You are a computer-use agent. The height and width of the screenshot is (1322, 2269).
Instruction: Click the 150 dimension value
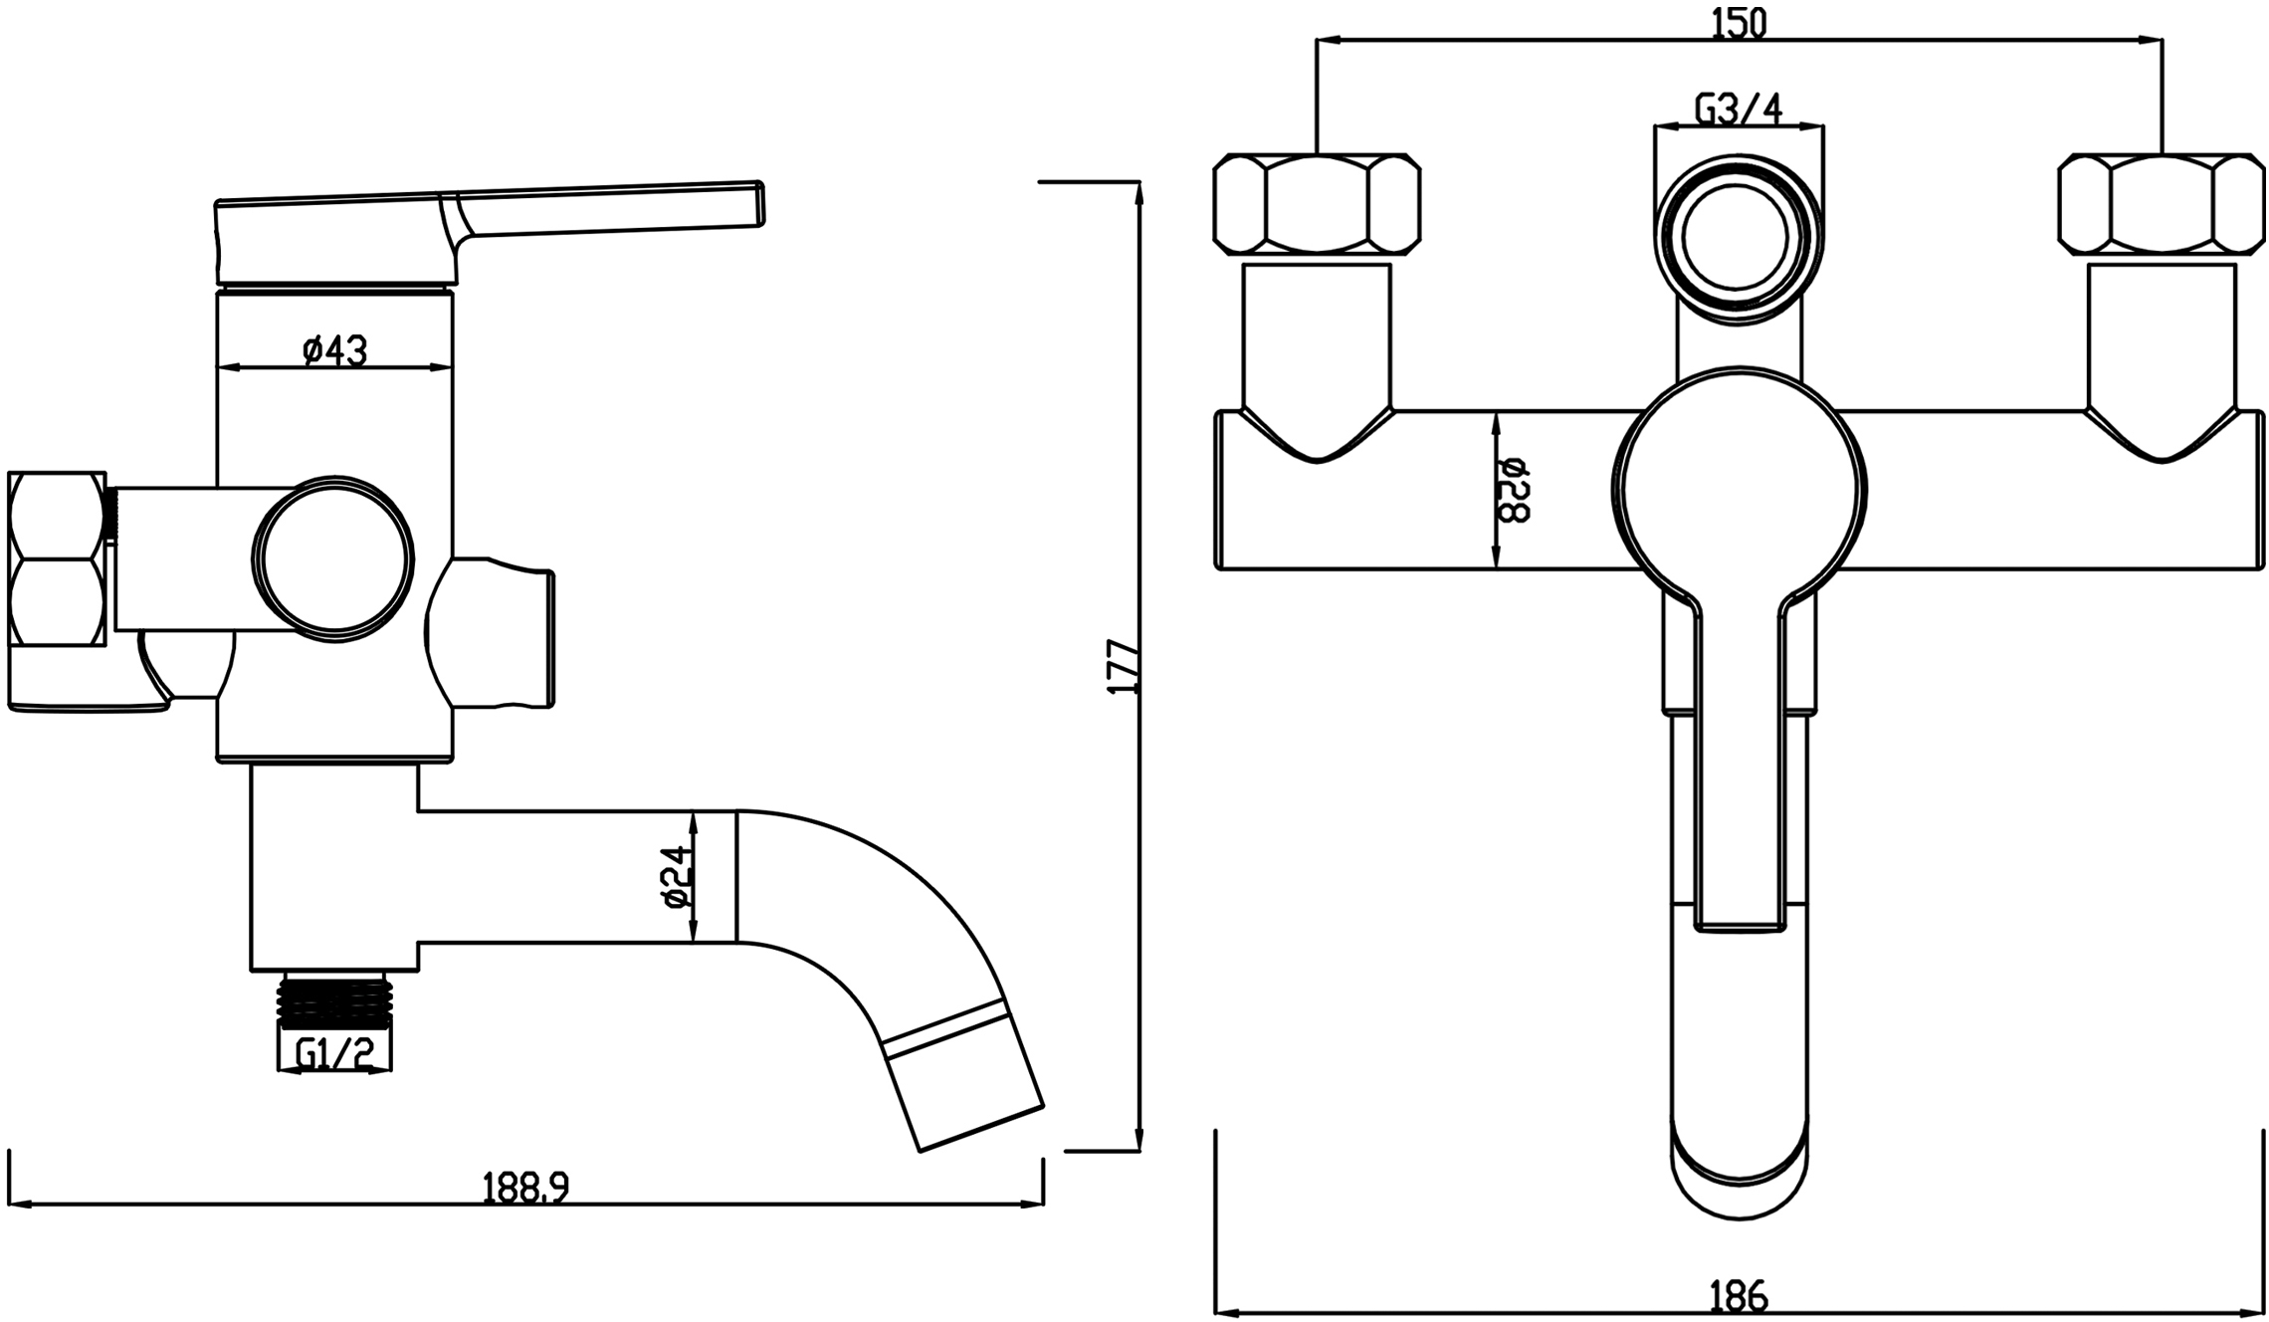[x=1739, y=21]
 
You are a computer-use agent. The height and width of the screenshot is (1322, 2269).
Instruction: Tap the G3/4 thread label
[x=1739, y=109]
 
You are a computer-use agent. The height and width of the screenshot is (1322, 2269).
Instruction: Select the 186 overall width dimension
[x=1739, y=1295]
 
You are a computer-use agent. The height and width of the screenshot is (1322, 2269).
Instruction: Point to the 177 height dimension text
[x=1122, y=666]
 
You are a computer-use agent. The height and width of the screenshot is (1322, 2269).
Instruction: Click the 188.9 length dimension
[x=525, y=1188]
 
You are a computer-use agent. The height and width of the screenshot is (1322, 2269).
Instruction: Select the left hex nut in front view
[x=1317, y=204]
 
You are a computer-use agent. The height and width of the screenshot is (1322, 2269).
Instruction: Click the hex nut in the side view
[x=57, y=558]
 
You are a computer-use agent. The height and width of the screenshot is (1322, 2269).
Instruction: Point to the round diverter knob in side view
[x=332, y=558]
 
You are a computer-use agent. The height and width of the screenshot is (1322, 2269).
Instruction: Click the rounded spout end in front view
[x=1739, y=1175]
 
